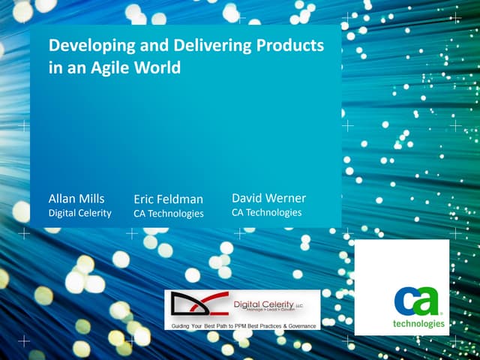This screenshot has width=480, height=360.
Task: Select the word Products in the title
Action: pos(289,46)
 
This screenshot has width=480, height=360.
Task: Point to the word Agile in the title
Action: pos(112,67)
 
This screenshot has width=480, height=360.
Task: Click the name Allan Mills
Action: pos(76,199)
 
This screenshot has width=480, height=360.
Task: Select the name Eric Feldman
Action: pos(168,199)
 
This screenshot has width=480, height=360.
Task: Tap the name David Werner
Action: pos(268,199)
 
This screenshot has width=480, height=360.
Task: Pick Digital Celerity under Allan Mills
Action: pos(79,213)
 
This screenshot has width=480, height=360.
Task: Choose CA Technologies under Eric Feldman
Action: pos(168,214)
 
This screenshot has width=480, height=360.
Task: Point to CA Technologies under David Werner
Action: pos(266,212)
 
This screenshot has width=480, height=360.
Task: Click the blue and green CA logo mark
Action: pos(418,301)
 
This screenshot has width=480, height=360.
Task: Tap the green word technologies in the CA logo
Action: pos(418,325)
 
